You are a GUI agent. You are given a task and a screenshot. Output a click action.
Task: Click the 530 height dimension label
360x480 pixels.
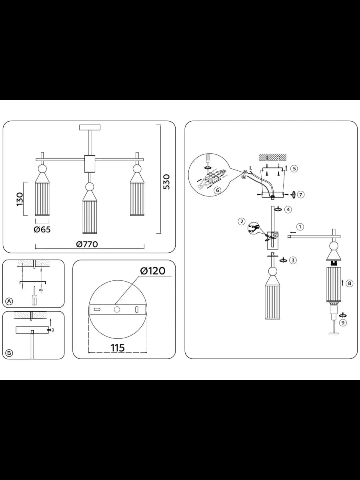166,182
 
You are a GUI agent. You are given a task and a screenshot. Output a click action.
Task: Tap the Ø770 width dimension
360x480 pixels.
87,244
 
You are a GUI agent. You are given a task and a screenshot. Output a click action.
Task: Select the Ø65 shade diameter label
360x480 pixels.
42,229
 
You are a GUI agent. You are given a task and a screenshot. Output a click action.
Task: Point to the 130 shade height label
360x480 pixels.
20,199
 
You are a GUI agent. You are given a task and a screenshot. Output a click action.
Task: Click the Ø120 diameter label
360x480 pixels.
153,271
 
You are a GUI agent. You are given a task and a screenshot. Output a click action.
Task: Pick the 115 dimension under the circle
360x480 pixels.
118,348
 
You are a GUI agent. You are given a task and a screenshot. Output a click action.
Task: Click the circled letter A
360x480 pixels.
9,301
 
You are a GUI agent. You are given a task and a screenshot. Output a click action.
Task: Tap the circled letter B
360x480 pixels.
9,353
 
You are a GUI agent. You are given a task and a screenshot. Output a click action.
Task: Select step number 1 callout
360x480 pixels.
300,226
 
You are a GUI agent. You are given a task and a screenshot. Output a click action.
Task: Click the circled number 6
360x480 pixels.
218,190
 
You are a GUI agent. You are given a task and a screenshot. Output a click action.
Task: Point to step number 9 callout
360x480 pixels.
343,322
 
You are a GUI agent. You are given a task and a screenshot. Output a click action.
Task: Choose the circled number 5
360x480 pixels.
294,169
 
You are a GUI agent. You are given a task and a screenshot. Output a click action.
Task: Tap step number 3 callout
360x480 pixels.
293,260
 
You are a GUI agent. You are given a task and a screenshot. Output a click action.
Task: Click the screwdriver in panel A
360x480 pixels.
34,296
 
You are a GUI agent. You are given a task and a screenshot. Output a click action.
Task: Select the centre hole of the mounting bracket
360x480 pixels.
117,310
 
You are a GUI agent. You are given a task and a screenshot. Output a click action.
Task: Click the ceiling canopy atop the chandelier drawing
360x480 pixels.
90,127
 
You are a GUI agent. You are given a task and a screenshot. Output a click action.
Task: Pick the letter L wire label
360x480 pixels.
250,168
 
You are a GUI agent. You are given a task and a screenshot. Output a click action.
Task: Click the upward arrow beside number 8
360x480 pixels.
342,283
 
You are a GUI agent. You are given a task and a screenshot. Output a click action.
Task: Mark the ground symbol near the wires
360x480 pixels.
243,178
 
